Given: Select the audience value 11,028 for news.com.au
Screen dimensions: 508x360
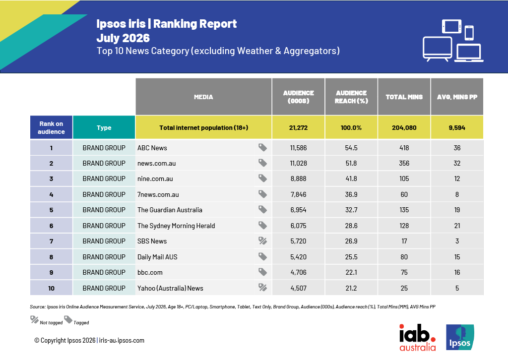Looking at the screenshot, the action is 298,164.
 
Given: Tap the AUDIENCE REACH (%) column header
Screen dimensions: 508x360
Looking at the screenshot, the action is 351,97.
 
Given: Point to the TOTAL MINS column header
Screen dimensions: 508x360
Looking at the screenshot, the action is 404,97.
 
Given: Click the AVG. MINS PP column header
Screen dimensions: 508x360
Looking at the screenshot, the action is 457,97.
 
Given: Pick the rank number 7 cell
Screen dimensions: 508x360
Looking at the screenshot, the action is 51,241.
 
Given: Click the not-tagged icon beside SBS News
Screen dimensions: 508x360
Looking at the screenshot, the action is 263,241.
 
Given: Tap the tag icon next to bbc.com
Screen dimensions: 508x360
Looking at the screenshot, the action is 263,272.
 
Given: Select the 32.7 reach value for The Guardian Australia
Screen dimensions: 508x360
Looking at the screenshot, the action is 351,210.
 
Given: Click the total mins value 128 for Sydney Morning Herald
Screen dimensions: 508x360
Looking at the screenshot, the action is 404,226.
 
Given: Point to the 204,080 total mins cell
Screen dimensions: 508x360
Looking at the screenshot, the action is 404,127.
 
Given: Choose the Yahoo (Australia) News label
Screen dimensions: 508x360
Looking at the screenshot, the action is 170,288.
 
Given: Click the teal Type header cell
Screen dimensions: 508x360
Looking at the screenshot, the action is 104,127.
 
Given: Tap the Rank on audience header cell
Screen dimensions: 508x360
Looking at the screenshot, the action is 51,127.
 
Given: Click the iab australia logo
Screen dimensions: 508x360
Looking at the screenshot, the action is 417,338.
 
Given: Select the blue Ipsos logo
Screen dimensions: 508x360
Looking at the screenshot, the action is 460,337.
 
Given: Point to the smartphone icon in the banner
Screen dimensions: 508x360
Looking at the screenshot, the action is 469,33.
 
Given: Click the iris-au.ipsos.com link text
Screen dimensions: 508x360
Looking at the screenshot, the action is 122,341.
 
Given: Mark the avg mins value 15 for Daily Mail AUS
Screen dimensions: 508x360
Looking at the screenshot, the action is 457,257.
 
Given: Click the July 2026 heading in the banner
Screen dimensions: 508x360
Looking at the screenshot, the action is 123,38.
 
